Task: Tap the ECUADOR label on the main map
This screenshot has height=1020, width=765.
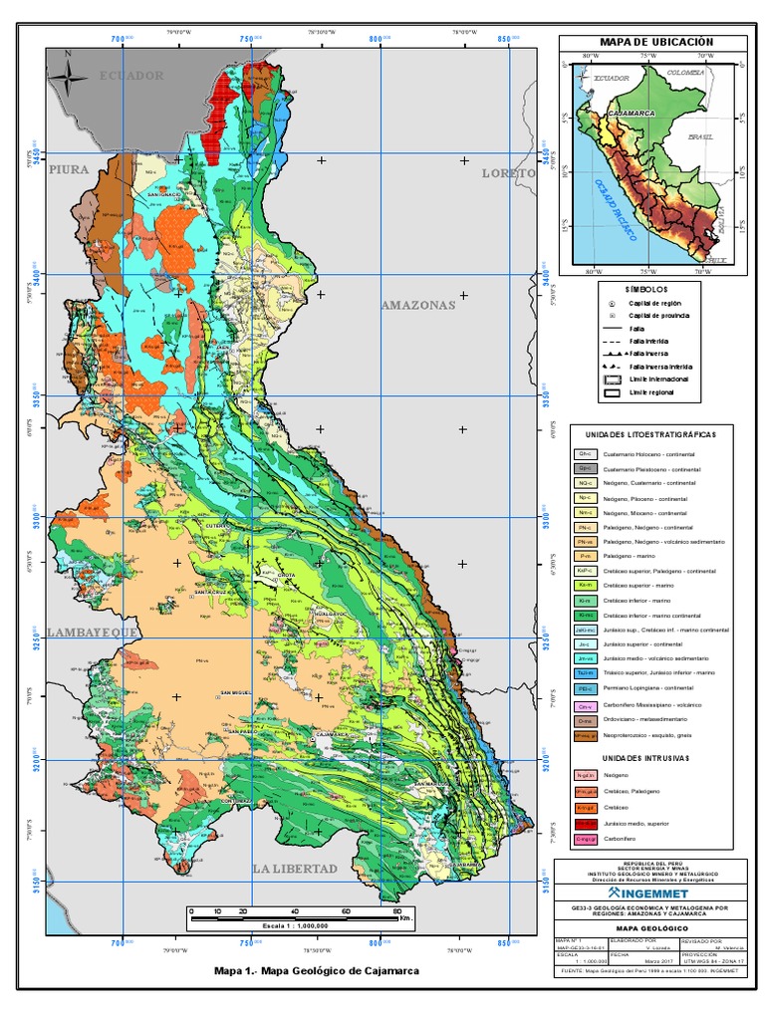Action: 130,76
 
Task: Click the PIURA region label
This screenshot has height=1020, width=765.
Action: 71,169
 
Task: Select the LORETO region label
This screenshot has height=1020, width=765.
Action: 508,172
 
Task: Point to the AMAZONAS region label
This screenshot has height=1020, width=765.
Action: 417,305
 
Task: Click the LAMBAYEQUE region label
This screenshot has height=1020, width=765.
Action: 88,632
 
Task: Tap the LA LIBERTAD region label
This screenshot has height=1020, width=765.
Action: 295,869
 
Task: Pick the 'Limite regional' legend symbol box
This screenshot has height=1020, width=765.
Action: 612,393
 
